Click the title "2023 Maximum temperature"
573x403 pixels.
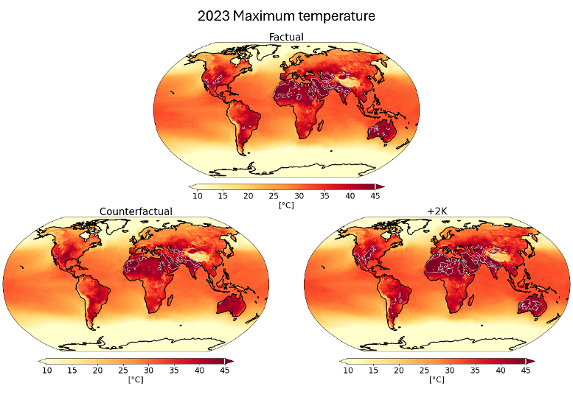click(286, 15)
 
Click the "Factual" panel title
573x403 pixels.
click(285, 37)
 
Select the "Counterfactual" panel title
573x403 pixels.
click(136, 211)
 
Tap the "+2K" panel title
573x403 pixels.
click(437, 211)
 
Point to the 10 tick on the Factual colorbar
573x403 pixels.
click(197, 195)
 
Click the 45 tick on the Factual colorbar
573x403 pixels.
click(375, 195)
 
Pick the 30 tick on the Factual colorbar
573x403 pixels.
click(299, 195)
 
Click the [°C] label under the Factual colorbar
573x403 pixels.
click(285, 205)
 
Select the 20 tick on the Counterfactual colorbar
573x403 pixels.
click(97, 370)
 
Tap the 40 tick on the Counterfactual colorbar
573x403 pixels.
click(199, 370)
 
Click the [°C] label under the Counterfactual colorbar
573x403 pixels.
click(136, 379)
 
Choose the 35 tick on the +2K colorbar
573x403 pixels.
click(475, 370)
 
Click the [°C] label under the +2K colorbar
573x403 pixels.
click(437, 379)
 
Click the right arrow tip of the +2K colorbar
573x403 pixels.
click(532, 361)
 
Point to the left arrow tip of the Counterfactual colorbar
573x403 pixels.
click(40, 361)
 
